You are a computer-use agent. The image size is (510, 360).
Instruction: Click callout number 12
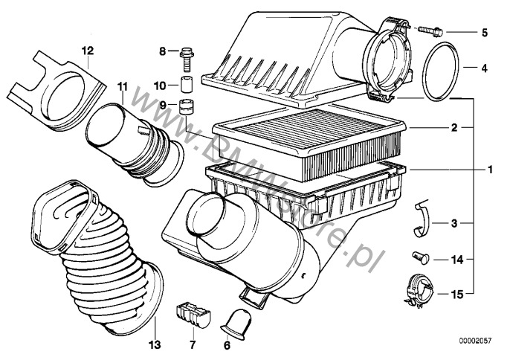point(88,51)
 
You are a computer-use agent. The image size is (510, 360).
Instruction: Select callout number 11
point(123,87)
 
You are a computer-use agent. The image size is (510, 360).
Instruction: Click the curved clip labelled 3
point(422,222)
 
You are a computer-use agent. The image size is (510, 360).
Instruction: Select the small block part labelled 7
point(192,314)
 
